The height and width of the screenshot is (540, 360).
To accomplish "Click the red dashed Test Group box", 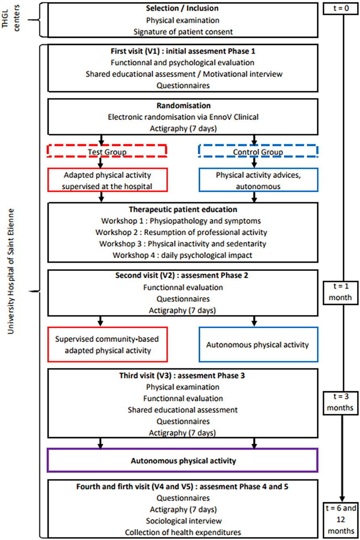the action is (x=107, y=145).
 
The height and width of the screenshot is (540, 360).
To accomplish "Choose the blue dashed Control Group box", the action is (x=258, y=145).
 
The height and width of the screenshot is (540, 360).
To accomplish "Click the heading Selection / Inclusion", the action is (x=182, y=8).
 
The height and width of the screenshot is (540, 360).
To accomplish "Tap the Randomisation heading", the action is (x=183, y=106).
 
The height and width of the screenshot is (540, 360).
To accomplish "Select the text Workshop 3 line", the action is (x=183, y=244).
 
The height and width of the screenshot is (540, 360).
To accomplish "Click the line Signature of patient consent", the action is (x=183, y=32).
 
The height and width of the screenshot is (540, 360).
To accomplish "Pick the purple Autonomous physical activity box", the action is (x=183, y=449).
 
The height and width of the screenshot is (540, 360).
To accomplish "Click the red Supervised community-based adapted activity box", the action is (x=107, y=327).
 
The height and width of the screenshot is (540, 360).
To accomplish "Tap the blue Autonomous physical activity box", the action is (x=258, y=327).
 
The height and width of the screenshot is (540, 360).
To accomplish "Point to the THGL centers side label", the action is (x=10, y=18).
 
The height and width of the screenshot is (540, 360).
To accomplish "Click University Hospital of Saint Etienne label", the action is (x=10, y=271).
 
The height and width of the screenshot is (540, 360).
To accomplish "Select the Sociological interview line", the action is (x=184, y=521).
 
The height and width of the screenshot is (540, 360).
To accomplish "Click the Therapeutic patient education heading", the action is (x=183, y=209).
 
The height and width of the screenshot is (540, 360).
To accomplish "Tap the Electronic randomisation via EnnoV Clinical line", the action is (x=183, y=117).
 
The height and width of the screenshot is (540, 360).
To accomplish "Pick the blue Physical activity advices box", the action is (x=258, y=168).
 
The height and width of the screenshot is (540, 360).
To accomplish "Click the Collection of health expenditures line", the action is (x=183, y=532).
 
